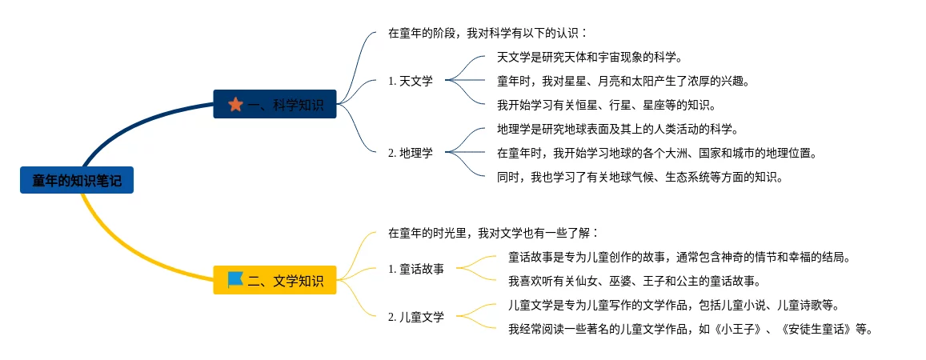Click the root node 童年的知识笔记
tap(77, 180)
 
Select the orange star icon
tap(235, 104)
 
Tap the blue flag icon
tap(235, 279)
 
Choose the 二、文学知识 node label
tap(286, 280)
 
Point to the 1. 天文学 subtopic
tap(411, 80)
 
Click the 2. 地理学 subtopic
tap(411, 152)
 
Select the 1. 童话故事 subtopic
tap(416, 269)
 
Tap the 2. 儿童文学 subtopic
tap(416, 317)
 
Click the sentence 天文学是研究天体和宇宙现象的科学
tap(589, 57)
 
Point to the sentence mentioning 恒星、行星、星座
tap(606, 105)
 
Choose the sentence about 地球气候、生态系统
tap(639, 177)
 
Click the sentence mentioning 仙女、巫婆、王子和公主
tap(634, 281)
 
